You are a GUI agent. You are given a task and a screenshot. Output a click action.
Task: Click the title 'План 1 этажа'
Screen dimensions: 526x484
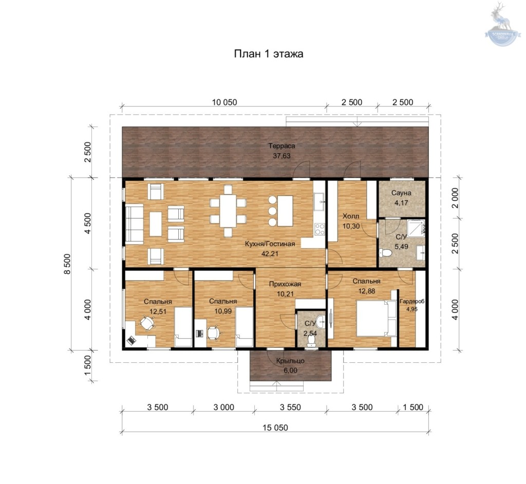(x=268, y=54)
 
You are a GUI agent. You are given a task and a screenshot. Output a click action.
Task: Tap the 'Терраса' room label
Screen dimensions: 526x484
(x=281, y=146)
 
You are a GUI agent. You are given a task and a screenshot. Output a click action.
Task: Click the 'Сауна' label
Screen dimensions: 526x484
(x=401, y=193)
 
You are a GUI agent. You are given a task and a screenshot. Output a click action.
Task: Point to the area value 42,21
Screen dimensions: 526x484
(x=270, y=254)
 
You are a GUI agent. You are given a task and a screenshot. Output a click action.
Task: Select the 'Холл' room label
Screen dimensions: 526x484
(x=350, y=216)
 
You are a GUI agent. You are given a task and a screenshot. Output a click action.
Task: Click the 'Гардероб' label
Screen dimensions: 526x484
(x=412, y=302)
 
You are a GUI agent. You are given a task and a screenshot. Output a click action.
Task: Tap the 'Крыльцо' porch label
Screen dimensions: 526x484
(x=290, y=361)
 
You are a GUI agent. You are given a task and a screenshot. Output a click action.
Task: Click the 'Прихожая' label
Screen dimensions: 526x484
(x=285, y=284)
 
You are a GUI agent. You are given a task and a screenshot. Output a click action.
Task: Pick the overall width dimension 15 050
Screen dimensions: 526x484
(x=275, y=427)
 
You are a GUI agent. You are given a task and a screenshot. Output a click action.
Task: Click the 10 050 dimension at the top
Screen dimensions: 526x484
(x=224, y=102)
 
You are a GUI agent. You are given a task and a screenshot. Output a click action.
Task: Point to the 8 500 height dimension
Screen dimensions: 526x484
(x=67, y=264)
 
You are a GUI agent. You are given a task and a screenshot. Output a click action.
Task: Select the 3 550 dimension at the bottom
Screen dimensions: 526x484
(x=290, y=407)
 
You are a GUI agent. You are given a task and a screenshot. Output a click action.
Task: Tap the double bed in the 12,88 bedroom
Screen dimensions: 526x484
(x=376, y=318)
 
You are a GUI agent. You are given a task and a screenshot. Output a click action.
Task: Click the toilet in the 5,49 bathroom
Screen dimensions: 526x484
(x=385, y=253)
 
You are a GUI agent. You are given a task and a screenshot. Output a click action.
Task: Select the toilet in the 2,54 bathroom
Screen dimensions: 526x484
(x=312, y=341)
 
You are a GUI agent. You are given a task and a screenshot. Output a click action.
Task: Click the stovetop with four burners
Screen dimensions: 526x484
(x=320, y=229)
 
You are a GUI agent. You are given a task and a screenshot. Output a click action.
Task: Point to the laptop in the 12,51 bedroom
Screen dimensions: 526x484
(x=131, y=340)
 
